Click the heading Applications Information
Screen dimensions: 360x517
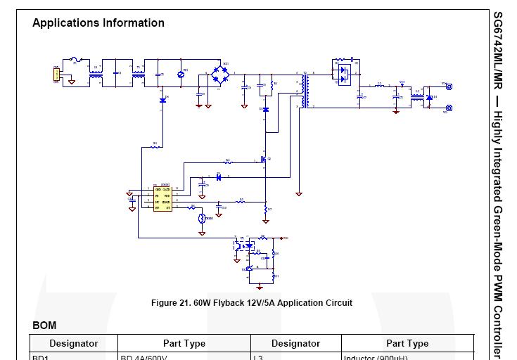[98, 22]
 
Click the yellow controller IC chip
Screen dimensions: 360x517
[162, 198]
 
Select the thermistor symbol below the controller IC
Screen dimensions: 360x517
[203, 219]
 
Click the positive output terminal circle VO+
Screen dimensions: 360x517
[449, 87]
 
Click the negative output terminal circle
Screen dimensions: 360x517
[449, 108]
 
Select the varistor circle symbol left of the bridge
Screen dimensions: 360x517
[181, 75]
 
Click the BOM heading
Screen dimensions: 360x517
[44, 326]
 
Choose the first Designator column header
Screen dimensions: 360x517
[73, 344]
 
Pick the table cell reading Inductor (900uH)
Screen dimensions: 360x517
[376, 357]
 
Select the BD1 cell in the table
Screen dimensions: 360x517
[40, 357]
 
